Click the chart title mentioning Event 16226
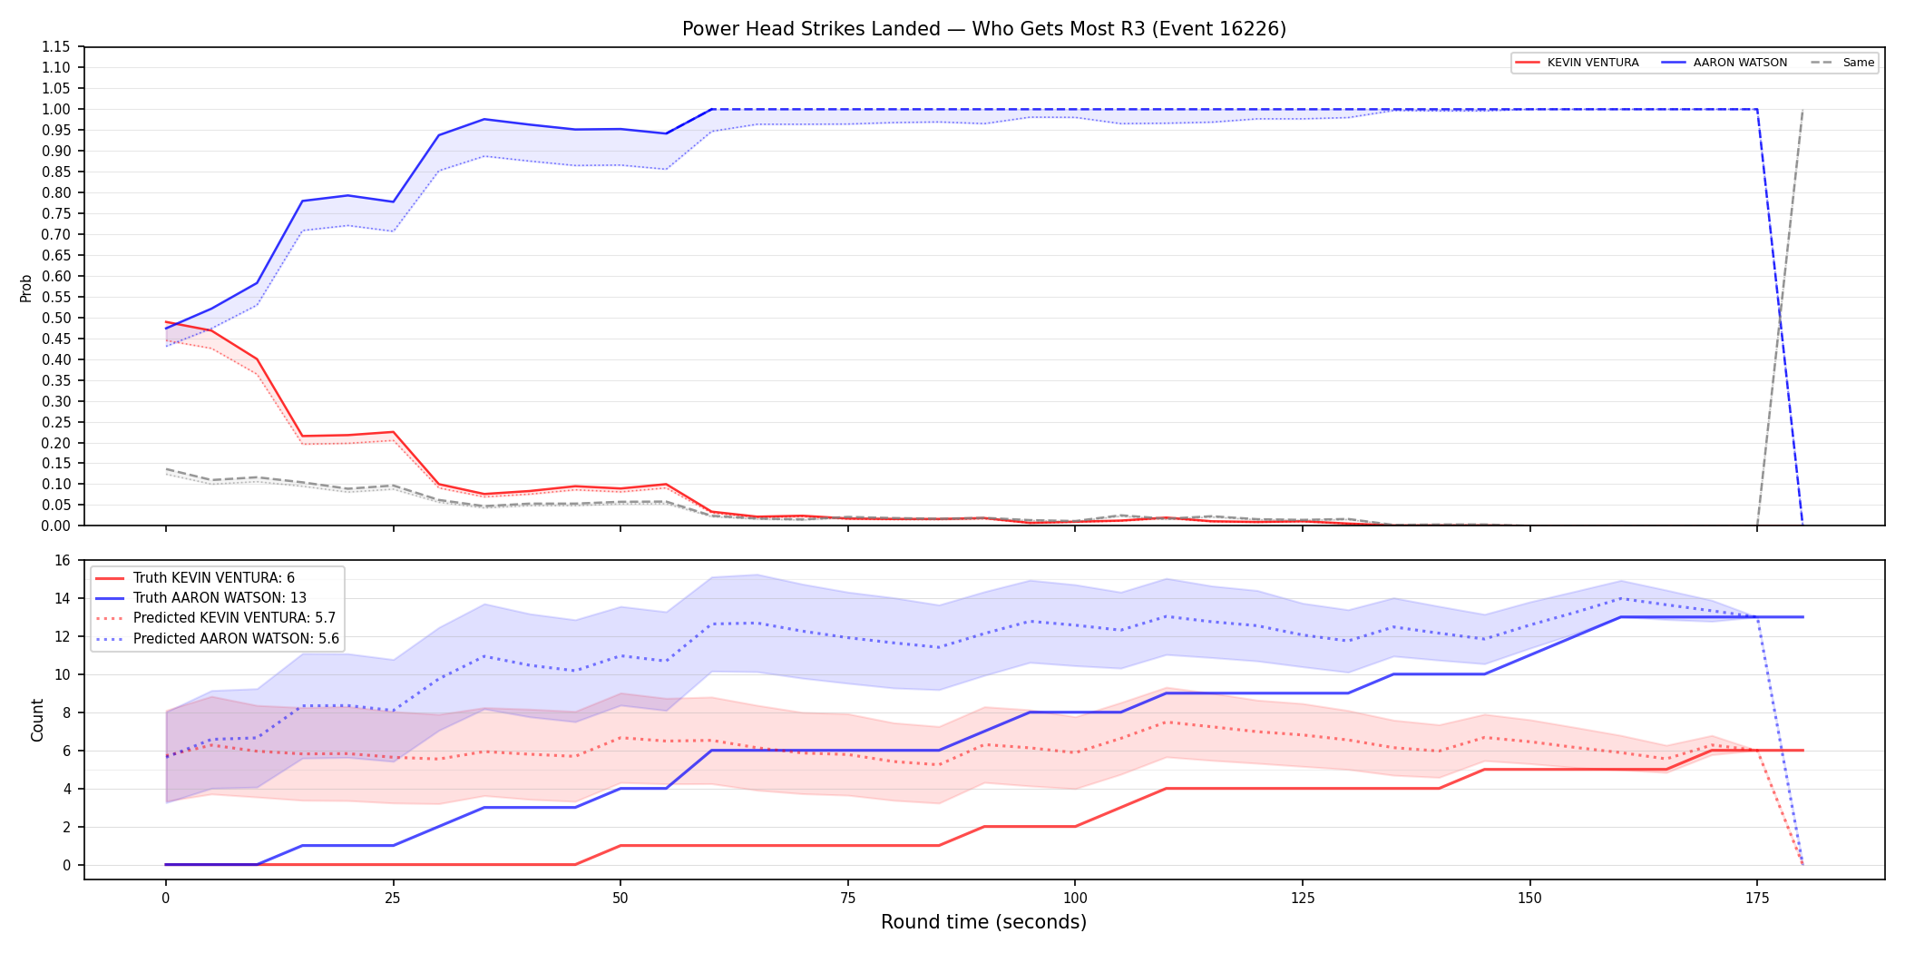pos(984,29)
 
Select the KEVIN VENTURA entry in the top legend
pos(1578,63)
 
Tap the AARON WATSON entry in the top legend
pos(1724,63)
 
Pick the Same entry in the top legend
pos(1842,63)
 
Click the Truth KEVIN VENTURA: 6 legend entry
pos(195,578)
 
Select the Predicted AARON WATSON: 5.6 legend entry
pos(218,639)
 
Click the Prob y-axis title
pos(26,288)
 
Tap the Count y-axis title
pos(37,720)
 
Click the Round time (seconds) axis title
pos(984,922)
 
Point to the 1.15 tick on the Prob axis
pos(56,47)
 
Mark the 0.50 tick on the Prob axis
pos(56,319)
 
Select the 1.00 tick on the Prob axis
pos(56,110)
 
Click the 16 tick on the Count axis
pos(63,561)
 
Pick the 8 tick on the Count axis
pos(66,713)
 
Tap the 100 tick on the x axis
pos(1075,899)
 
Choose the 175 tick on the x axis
pos(1757,899)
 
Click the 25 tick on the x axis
pos(393,899)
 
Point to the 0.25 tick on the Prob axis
pos(56,423)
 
